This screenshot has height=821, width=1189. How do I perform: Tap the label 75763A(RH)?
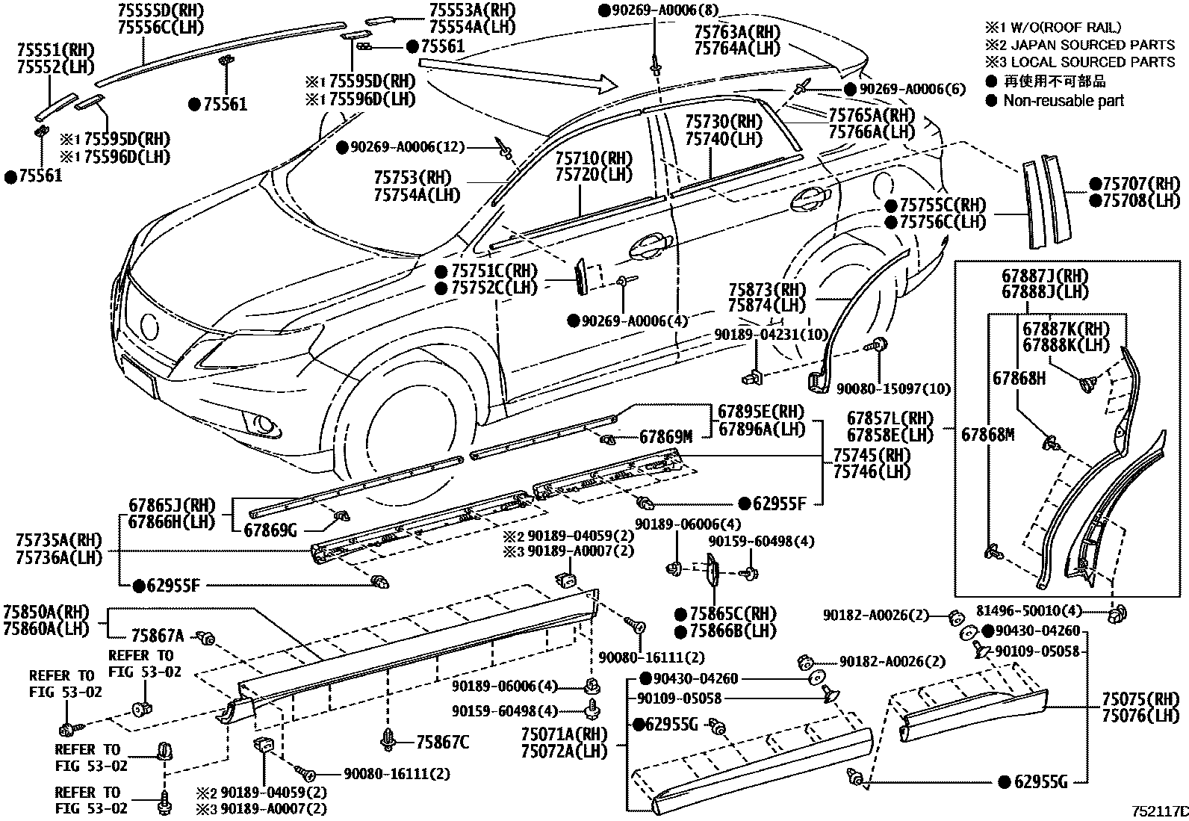click(736, 31)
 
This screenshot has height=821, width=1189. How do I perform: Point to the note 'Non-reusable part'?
click(1063, 100)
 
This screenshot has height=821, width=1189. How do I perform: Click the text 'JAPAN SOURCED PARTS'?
click(1090, 45)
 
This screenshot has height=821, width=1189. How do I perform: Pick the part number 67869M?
click(665, 436)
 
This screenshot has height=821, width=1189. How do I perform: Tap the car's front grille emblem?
click(150, 327)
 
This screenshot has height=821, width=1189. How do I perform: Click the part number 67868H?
click(1019, 378)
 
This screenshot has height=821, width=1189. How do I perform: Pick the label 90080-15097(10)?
click(893, 388)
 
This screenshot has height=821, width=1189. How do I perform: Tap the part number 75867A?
click(158, 636)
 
